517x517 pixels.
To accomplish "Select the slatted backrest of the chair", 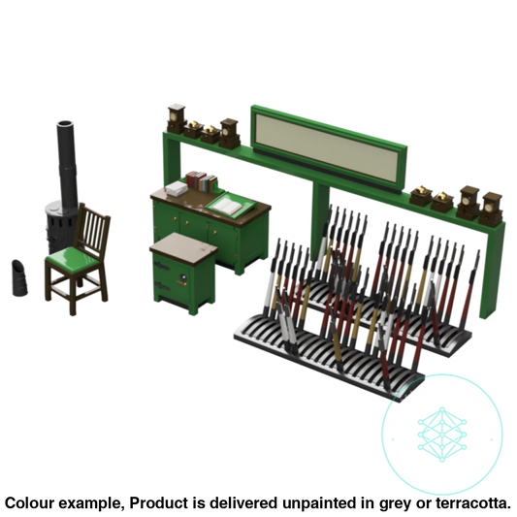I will (x=93, y=231).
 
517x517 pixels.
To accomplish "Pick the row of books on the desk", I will (x=201, y=180).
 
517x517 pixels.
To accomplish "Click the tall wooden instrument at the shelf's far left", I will (x=176, y=117).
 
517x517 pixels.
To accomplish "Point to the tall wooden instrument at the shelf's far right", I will (x=494, y=206).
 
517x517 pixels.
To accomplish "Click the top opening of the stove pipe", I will (x=64, y=123).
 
